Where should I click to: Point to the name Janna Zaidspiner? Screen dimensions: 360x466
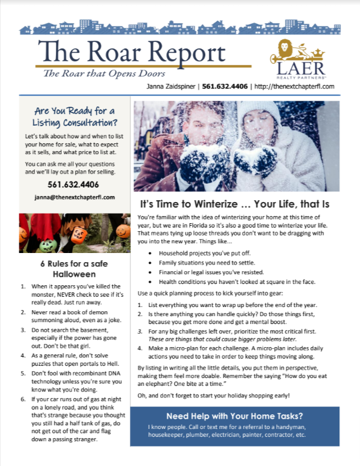(172, 86)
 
